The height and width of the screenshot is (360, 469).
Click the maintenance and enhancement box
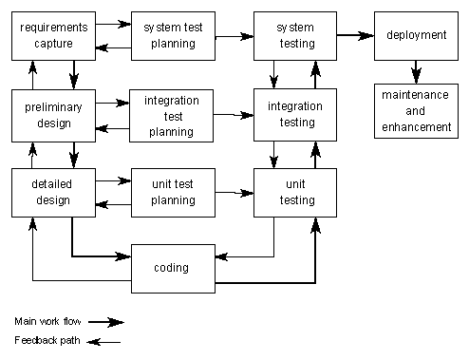pyautogui.click(x=416, y=112)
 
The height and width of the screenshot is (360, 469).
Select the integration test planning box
pyautogui.click(x=173, y=115)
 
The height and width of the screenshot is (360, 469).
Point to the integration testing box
pyautogui.click(x=294, y=114)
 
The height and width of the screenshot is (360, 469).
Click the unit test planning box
pyautogui.click(x=173, y=192)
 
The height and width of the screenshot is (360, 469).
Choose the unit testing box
pyautogui.click(x=294, y=192)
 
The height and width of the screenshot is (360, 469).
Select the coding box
pyautogui.click(x=173, y=268)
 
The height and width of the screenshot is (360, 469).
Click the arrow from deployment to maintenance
pyautogui.click(x=416, y=71)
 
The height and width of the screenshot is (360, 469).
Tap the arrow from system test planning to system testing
pyautogui.click(x=234, y=37)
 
